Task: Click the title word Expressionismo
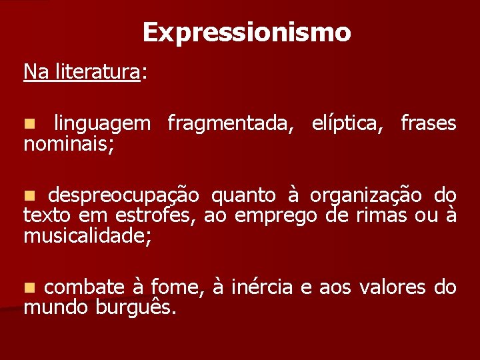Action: point(246,32)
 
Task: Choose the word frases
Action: point(428,123)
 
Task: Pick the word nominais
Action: point(68,143)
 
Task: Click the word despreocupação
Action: point(123,195)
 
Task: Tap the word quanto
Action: point(243,195)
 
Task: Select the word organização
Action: point(366,195)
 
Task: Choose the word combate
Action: point(85,287)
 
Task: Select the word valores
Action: point(393,287)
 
